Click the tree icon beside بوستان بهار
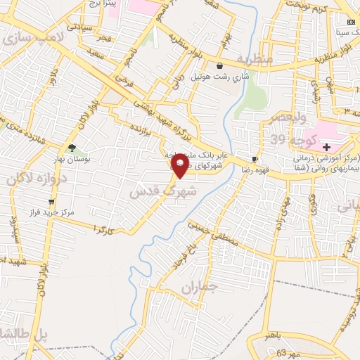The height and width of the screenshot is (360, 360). [72, 148]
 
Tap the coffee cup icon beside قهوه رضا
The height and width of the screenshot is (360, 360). [255, 160]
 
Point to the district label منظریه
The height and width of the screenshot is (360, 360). [254, 59]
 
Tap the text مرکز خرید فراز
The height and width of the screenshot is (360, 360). [49, 211]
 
